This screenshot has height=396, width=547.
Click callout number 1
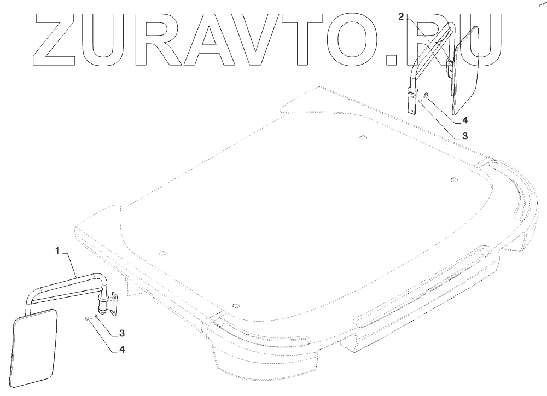click(57, 251)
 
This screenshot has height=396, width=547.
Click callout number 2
click(401, 17)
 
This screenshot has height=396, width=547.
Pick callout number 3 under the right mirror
click(464, 135)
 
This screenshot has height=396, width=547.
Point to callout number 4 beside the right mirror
click(464, 119)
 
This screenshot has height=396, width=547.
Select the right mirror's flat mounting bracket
click(411, 101)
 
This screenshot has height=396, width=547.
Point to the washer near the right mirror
click(421, 101)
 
